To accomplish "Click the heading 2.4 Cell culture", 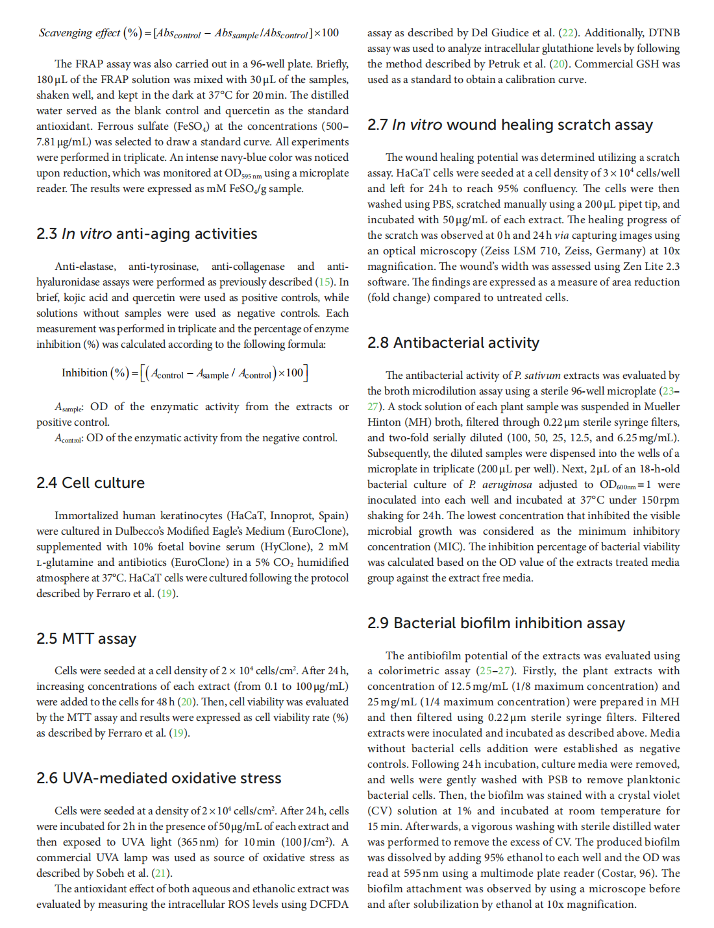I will click(90, 483).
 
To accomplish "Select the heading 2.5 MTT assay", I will click(86, 639).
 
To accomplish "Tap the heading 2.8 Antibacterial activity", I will click(453, 343).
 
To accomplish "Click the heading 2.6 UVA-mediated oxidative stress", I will click(159, 778).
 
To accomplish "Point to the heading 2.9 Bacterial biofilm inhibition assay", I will click(496, 623).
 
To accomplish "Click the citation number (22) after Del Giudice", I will click(567, 32).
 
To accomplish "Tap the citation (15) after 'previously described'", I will click(324, 282).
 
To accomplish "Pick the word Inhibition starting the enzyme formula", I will click(84, 372).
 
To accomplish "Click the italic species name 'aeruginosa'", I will click(508, 484).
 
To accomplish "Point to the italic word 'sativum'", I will click(542, 375).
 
